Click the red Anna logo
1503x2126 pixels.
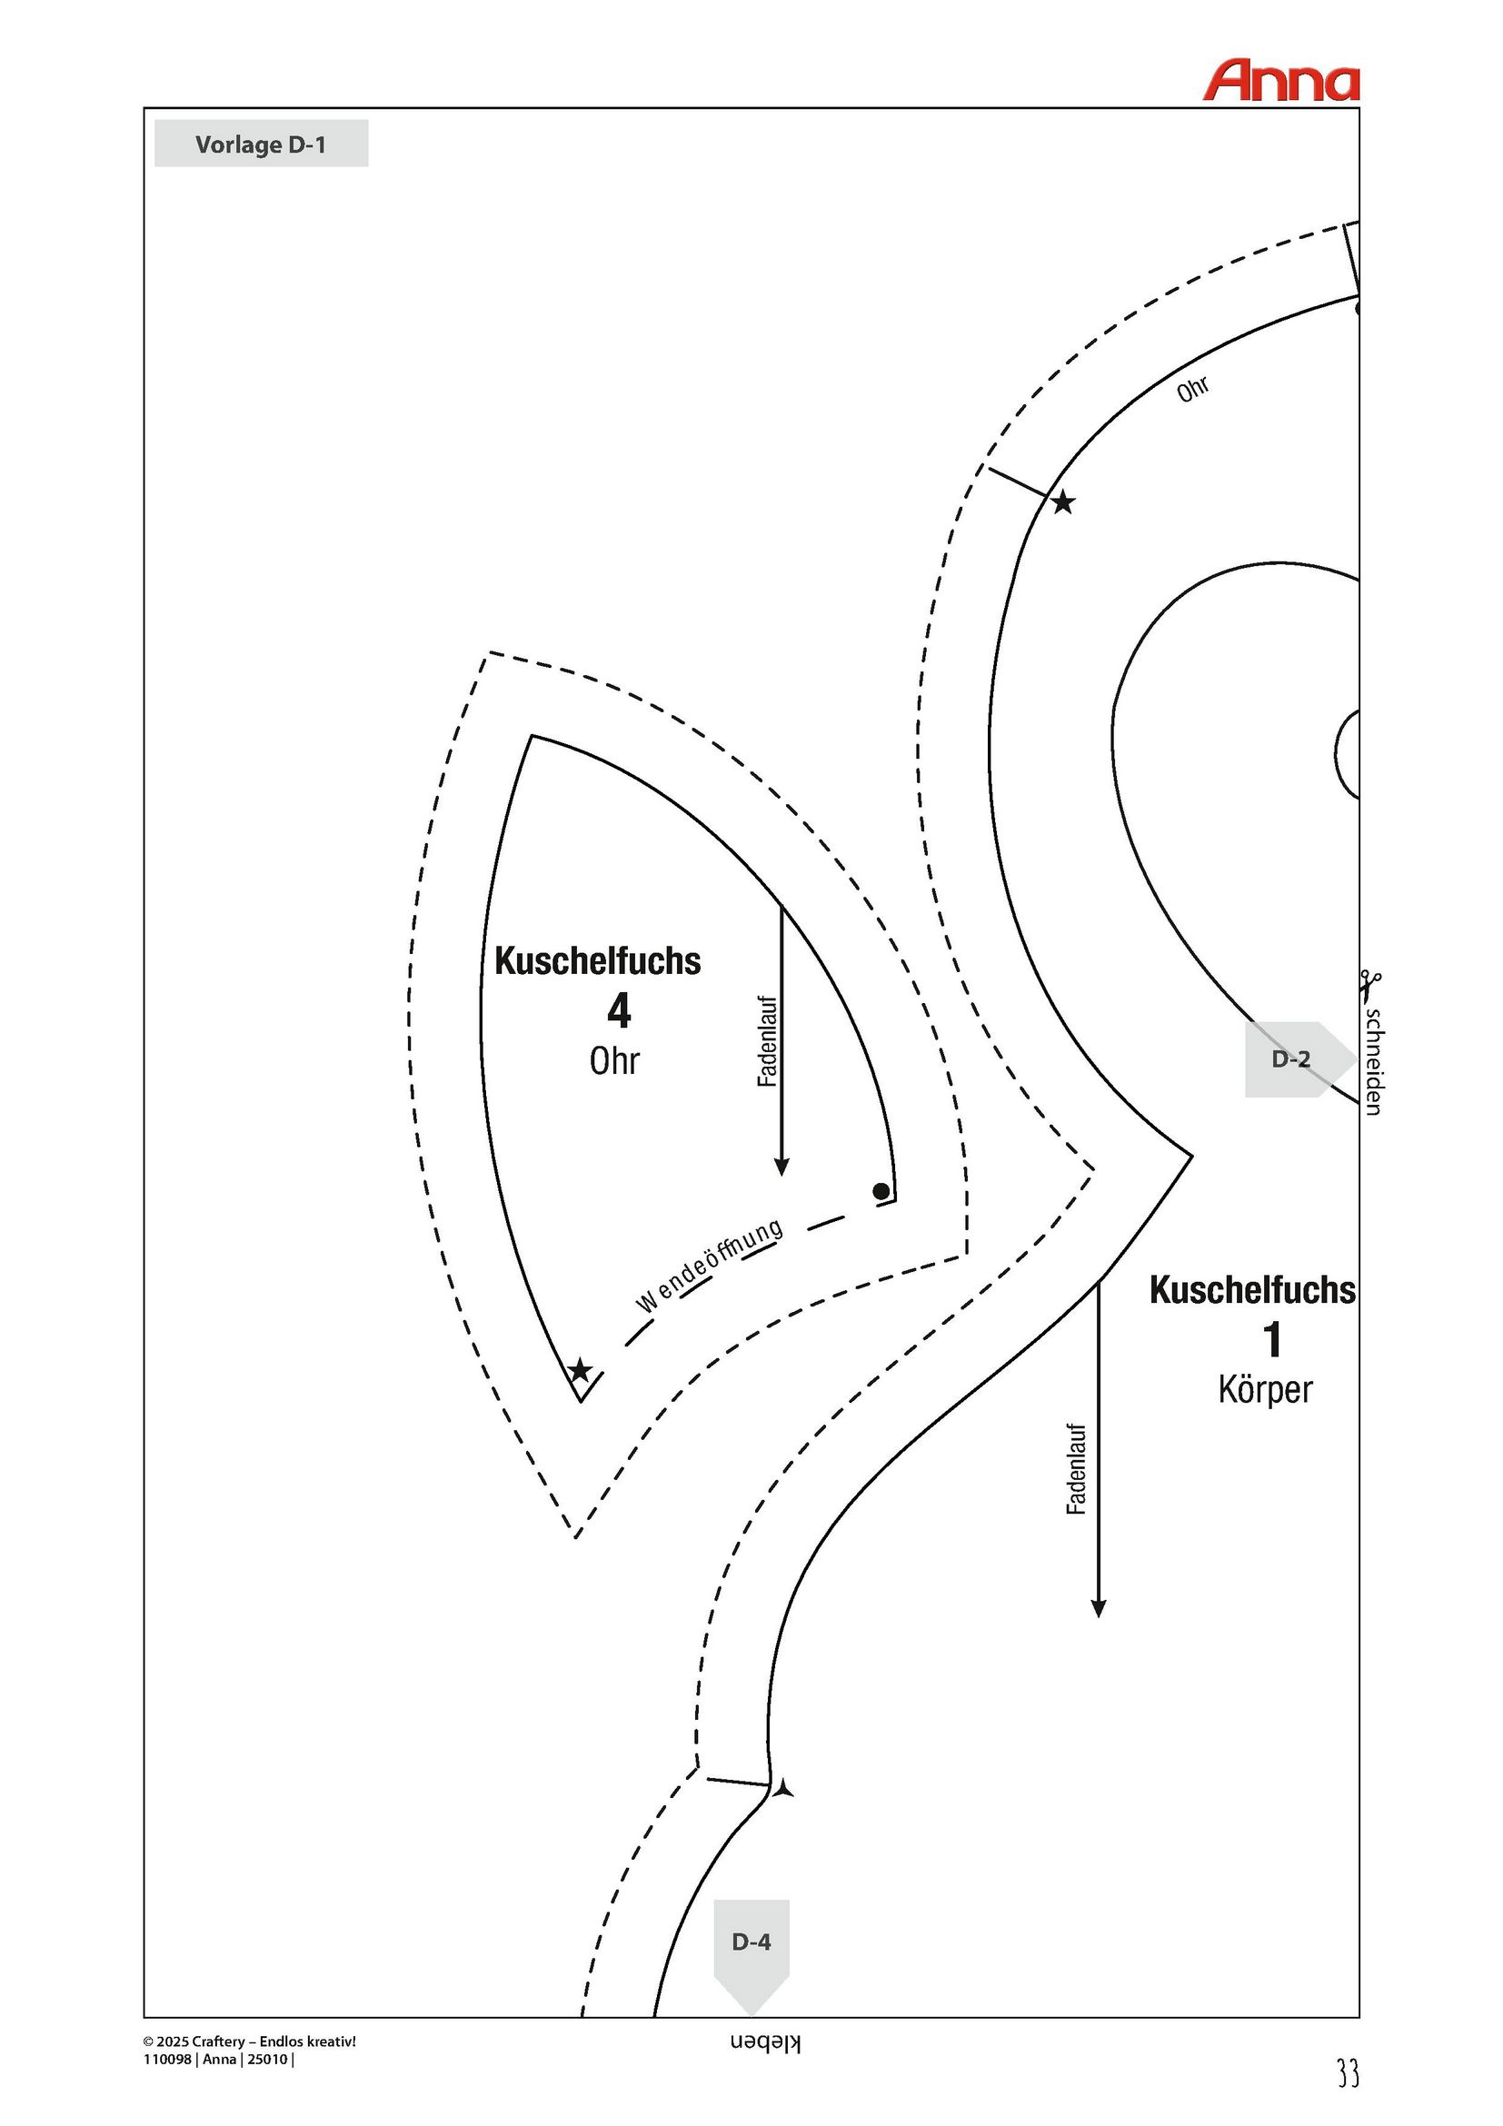[1280, 81]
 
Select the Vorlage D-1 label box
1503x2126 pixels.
[261, 144]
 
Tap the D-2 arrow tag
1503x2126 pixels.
[1299, 1059]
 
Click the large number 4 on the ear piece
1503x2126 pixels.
[619, 1010]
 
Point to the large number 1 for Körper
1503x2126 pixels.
[1273, 1340]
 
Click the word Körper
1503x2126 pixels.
[1265, 1390]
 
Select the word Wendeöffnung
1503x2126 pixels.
[710, 1266]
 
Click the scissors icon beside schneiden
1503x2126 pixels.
[1371, 985]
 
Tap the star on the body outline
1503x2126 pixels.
[1063, 502]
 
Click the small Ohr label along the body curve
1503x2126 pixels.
[1193, 389]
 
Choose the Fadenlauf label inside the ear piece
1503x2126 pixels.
[768, 1041]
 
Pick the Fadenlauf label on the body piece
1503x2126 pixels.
[1075, 1469]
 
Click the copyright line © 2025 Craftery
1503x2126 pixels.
[250, 2042]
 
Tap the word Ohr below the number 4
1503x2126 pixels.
[614, 1061]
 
